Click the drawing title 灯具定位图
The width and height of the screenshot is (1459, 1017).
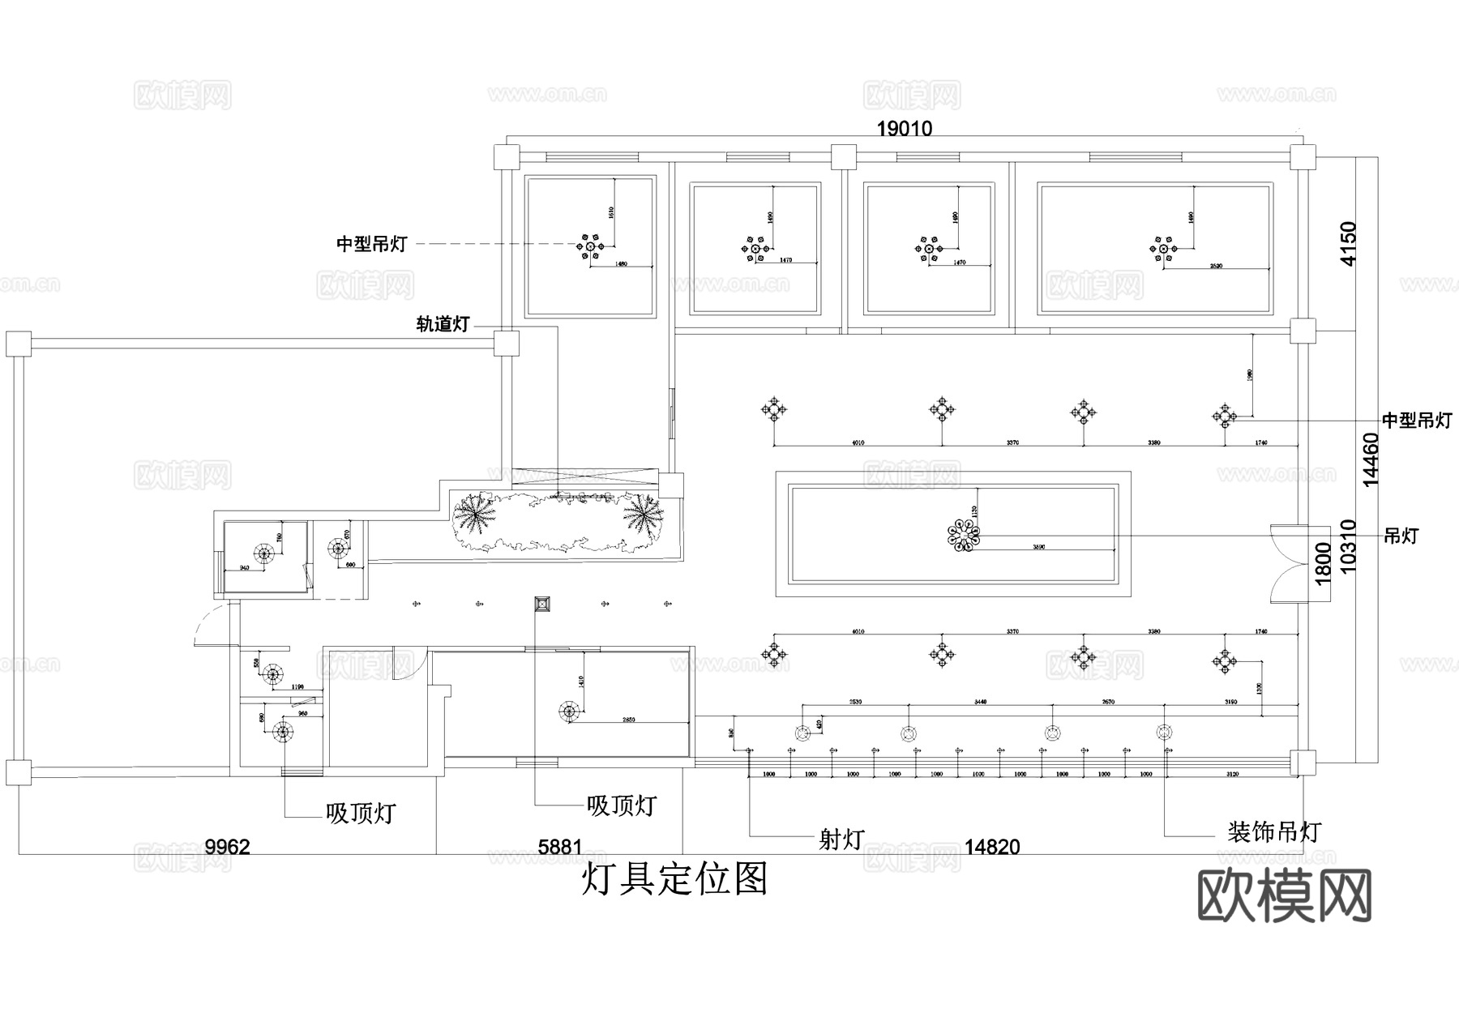(674, 878)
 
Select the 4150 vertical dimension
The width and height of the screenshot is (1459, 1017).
(1347, 243)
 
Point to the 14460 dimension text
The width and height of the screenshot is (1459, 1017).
(1371, 460)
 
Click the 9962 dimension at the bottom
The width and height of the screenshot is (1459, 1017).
(227, 848)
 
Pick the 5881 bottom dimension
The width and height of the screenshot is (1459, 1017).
(560, 848)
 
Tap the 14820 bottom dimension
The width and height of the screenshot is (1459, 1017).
(991, 848)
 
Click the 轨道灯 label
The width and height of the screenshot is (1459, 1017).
(443, 325)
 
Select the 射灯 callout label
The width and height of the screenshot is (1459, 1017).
(841, 840)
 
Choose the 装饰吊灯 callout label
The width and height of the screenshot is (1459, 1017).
(1273, 832)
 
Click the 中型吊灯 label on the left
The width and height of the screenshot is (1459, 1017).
(372, 244)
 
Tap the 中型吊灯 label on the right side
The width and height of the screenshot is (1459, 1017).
(1416, 421)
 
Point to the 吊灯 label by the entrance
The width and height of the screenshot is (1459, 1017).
(1401, 536)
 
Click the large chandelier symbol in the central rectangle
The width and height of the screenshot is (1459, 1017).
(964, 536)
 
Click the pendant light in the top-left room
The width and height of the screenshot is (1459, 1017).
(590, 246)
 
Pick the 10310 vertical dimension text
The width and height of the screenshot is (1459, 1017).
(1348, 547)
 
